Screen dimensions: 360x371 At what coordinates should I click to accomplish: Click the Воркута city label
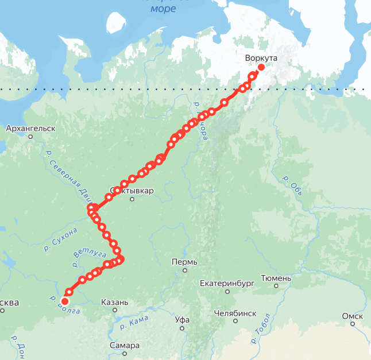pyautogui.click(x=261, y=59)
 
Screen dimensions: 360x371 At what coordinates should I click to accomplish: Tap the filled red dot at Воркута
pyautogui.click(x=261, y=68)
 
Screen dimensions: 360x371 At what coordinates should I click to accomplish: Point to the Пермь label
pyautogui.click(x=184, y=262)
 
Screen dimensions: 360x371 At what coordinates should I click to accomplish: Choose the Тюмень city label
pyautogui.click(x=276, y=278)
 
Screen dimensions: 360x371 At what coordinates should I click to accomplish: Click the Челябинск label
pyautogui.click(x=234, y=313)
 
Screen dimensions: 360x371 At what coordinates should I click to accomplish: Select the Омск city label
pyautogui.click(x=352, y=316)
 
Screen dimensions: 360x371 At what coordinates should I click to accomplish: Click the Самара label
pyautogui.click(x=125, y=346)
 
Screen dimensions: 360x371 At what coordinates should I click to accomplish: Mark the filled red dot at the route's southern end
pyautogui.click(x=65, y=301)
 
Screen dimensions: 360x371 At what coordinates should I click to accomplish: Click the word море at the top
pyautogui.click(x=163, y=9)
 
